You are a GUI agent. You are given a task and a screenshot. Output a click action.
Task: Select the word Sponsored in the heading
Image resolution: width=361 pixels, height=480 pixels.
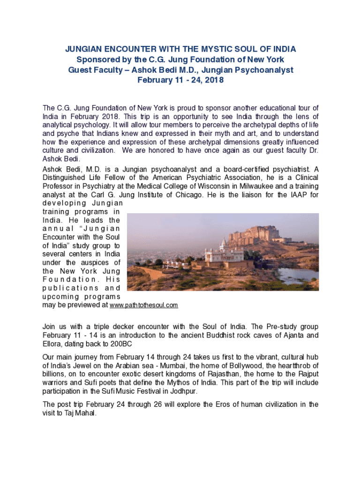click(x=98, y=60)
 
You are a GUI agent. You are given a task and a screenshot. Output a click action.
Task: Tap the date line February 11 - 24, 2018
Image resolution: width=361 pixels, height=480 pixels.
click(x=180, y=80)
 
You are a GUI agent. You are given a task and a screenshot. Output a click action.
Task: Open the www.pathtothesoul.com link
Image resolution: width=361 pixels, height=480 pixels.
click(x=143, y=305)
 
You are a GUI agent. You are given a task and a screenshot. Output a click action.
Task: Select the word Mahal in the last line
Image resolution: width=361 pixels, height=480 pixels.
click(x=85, y=413)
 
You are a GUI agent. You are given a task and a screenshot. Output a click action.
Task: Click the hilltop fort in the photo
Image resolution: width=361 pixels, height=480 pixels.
click(x=261, y=232)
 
